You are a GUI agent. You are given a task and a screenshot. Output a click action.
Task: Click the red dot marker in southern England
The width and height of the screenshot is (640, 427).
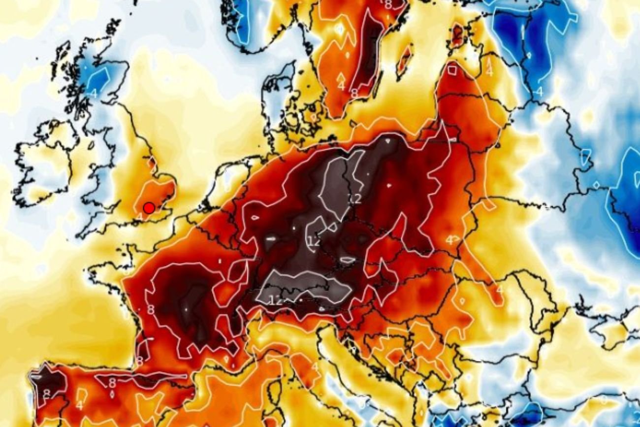click(x=149, y=208)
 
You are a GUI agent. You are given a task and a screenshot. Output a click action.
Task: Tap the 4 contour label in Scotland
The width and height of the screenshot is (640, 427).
click(x=94, y=92)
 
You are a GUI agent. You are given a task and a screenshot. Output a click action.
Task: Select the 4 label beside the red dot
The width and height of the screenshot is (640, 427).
click(x=139, y=216)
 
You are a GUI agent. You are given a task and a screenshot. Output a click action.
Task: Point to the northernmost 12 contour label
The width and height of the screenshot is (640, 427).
click(x=354, y=198)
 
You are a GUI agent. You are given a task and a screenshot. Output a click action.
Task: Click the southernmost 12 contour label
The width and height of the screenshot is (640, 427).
click(x=275, y=300)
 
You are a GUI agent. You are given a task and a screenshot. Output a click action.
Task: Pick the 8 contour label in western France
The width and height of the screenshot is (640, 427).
click(x=151, y=310)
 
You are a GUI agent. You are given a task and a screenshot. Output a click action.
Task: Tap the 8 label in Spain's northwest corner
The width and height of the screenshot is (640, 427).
click(x=46, y=393)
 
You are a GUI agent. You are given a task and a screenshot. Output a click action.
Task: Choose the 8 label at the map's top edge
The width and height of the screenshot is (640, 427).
click(x=388, y=5)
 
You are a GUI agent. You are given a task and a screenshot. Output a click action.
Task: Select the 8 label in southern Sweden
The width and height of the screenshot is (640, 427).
click(x=354, y=92)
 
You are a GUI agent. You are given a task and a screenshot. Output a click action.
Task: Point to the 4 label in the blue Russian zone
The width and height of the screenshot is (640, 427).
click(x=539, y=91)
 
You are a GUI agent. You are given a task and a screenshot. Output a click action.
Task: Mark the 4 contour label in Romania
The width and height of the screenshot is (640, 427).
click(x=499, y=290)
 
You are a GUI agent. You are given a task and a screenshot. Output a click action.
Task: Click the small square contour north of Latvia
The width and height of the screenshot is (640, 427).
click(x=452, y=70)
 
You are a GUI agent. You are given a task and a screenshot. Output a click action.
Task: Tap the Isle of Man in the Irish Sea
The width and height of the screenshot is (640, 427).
click(x=92, y=144)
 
